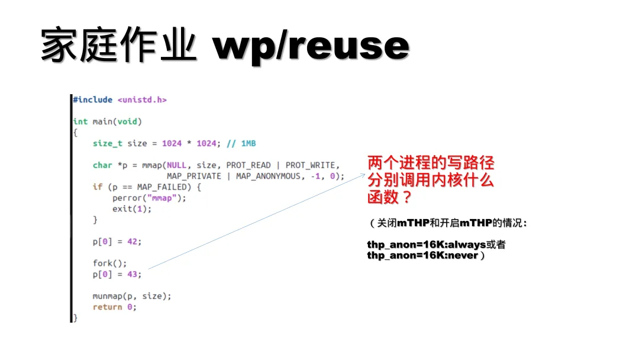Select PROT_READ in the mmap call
248,165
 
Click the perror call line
149,198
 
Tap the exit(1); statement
132,209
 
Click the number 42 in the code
134,242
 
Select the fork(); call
109,263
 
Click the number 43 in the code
134,274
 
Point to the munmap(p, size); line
132,296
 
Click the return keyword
107,307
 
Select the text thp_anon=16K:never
422,256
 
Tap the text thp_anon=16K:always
426,245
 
